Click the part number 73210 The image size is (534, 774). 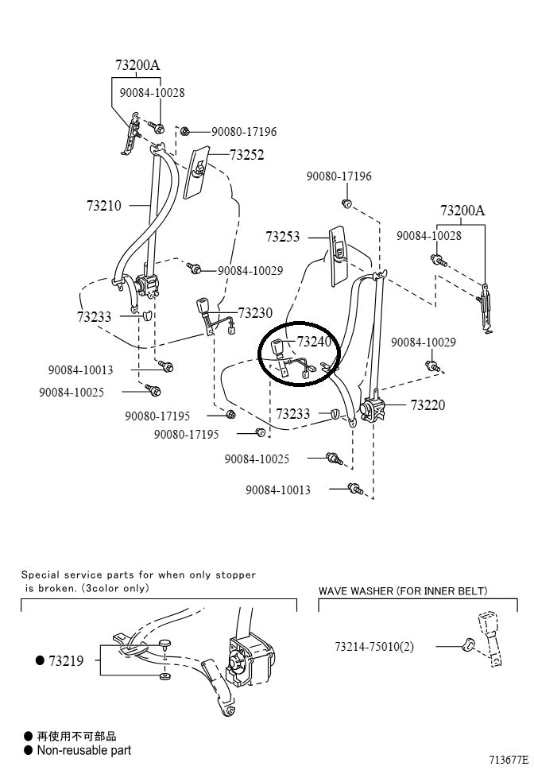[103, 206]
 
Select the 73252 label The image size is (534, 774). [246, 155]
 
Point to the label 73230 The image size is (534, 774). [255, 313]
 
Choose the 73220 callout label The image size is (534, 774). [428, 404]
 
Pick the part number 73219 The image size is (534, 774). [65, 660]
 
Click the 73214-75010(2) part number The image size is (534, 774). [373, 646]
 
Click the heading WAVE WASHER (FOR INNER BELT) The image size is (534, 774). [403, 591]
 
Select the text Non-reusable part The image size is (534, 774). [83, 750]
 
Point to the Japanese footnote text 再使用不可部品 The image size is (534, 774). [76, 736]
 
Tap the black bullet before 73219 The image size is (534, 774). [39, 660]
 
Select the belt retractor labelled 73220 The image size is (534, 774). [370, 408]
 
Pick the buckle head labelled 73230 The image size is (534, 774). [202, 305]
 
